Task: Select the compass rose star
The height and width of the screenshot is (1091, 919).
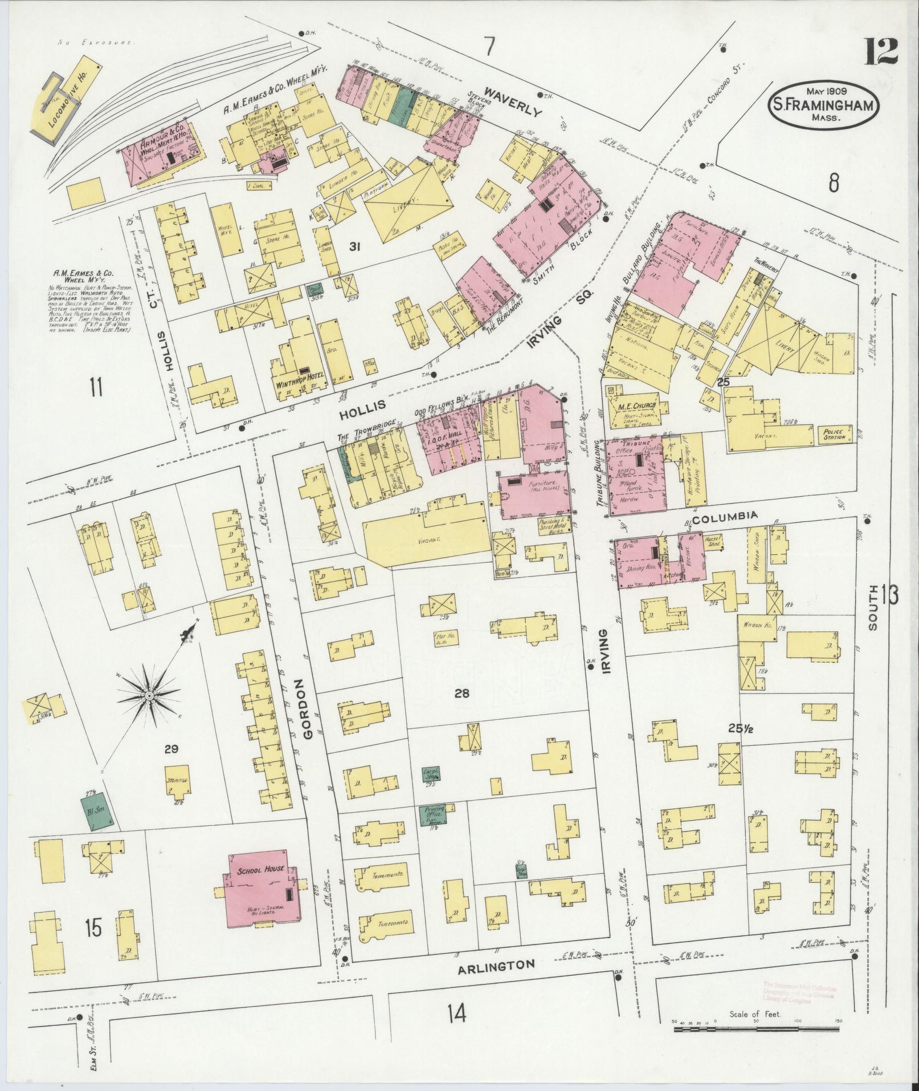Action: [149, 696]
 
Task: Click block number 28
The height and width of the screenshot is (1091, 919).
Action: [461, 693]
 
